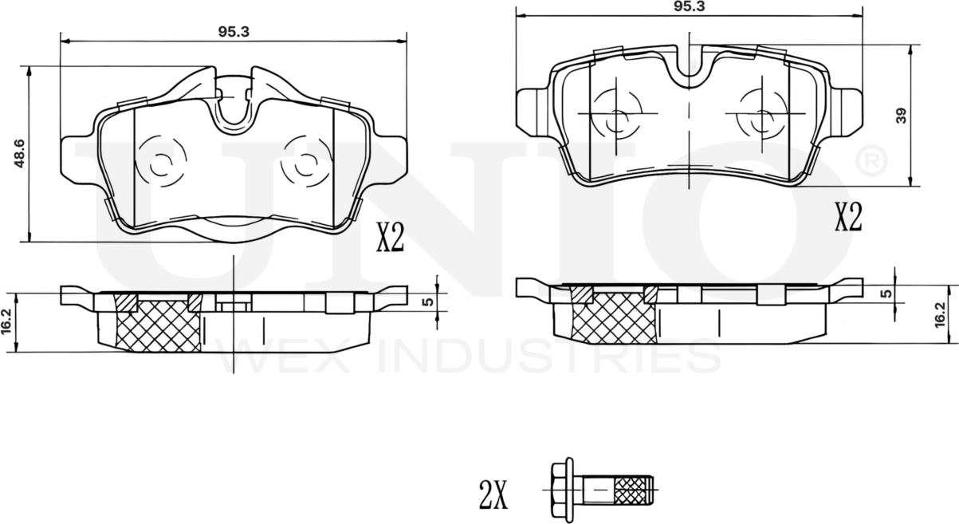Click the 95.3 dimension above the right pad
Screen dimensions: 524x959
[689, 6]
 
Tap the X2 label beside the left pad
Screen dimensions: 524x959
[390, 238]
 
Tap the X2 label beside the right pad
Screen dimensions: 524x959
[848, 216]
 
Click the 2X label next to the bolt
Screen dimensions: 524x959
[493, 496]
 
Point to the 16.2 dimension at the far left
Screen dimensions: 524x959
[7, 321]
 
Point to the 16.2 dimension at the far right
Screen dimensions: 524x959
[941, 314]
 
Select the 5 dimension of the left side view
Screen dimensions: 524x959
[427, 301]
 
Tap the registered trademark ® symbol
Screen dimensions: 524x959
[871, 160]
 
